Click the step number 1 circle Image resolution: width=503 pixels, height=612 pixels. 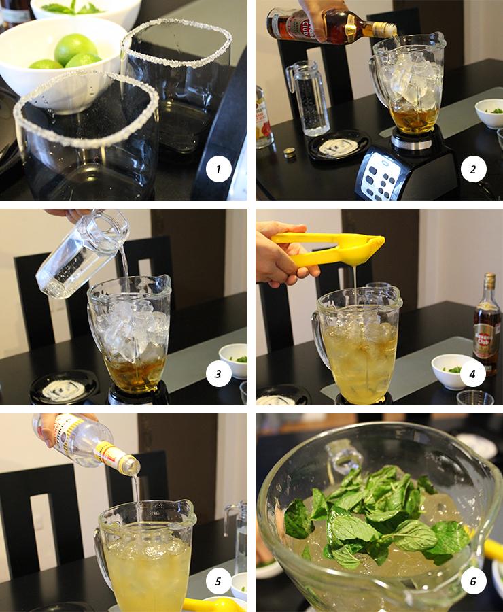click(218, 169)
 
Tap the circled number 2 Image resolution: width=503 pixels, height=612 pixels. click(473, 169)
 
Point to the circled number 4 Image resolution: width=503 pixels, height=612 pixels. click(473, 372)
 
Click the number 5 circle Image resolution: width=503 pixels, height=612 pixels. click(218, 581)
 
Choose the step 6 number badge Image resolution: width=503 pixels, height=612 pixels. click(473, 581)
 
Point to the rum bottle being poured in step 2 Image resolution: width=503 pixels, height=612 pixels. click(326, 24)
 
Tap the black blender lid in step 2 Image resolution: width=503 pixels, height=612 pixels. click(338, 146)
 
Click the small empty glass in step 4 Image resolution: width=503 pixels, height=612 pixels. click(475, 398)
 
